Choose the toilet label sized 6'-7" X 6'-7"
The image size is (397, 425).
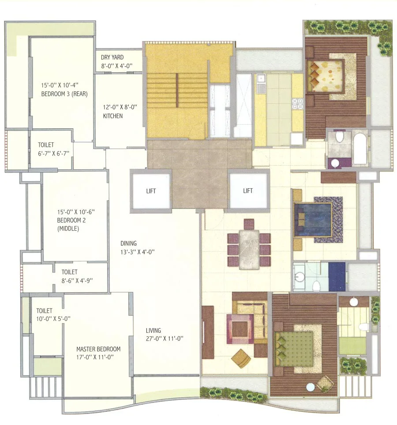pos(51,149)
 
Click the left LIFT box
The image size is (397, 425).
pos(150,191)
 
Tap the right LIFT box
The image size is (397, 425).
pos(248,191)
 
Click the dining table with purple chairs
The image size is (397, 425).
pos(249,244)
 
